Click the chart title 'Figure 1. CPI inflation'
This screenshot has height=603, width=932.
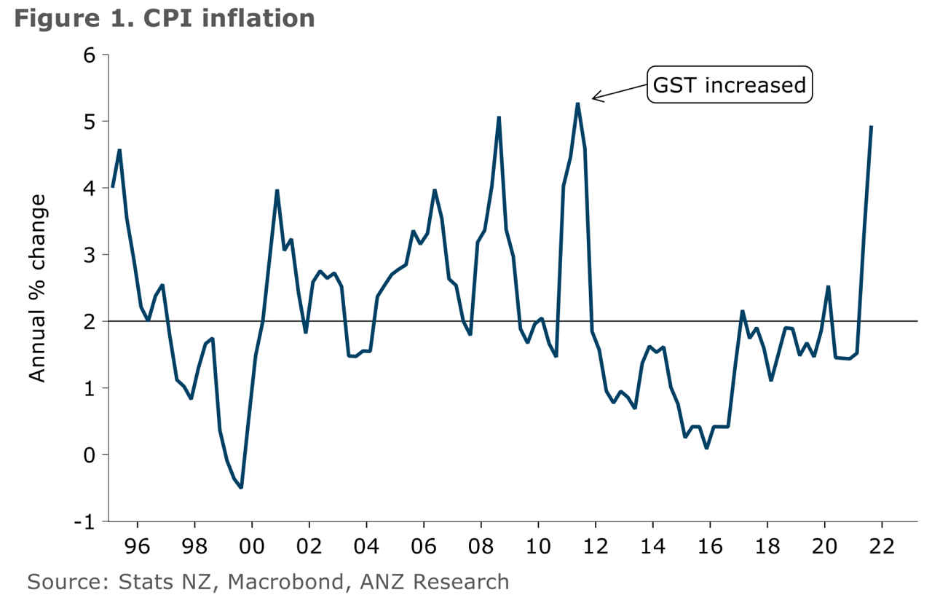[x=164, y=17]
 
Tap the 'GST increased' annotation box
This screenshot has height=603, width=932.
[x=730, y=86]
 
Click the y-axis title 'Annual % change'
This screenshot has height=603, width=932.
[x=38, y=288]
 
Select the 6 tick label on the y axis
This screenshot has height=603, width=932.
[x=90, y=55]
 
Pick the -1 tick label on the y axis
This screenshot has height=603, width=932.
[x=86, y=521]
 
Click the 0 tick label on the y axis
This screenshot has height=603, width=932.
[x=90, y=454]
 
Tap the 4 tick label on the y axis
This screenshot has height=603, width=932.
[x=90, y=188]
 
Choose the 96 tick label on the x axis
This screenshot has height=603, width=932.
[x=137, y=546]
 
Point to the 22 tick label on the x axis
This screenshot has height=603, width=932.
[x=882, y=546]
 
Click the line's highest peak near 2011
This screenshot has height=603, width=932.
[x=577, y=103]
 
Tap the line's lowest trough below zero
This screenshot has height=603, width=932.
[x=241, y=487]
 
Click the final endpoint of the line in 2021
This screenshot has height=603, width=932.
[x=872, y=127]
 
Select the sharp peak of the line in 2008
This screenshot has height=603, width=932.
[x=499, y=117]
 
